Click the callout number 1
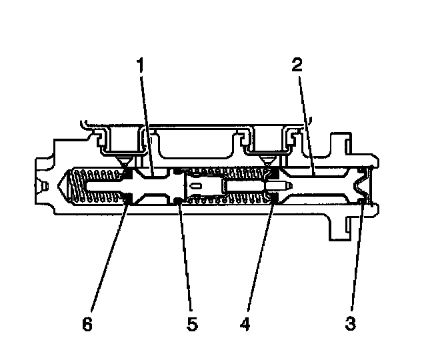(140, 65)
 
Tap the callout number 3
(351, 325)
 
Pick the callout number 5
(191, 325)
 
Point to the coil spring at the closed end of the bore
(97, 185)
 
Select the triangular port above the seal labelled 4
(267, 162)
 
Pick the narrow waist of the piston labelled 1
(155, 185)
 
